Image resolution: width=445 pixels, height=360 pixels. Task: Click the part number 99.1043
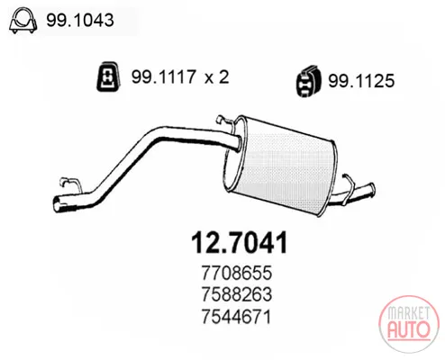click(80, 20)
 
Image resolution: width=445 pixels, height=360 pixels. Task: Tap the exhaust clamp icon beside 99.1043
click(23, 20)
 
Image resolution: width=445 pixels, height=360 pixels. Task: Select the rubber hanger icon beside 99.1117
click(108, 76)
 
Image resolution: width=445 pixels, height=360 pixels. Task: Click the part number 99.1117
click(164, 76)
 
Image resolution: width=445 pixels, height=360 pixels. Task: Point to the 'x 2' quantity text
click(217, 76)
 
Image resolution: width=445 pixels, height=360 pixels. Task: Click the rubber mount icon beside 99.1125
click(308, 81)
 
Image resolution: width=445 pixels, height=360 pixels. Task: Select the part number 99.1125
click(361, 81)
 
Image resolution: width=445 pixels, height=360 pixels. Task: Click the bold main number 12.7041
click(240, 242)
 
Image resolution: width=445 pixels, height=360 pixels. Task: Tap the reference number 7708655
click(237, 273)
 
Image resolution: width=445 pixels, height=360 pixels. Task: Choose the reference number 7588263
click(237, 294)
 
